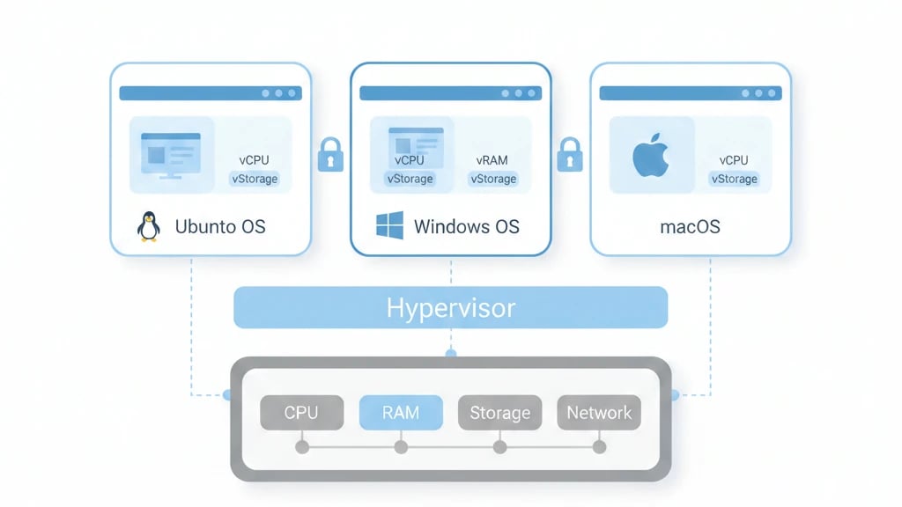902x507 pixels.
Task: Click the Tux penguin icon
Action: point(149,226)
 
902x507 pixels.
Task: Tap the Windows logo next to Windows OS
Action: point(389,225)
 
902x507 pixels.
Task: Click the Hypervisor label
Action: point(450,308)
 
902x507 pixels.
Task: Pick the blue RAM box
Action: point(401,412)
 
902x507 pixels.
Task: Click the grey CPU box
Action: point(301,412)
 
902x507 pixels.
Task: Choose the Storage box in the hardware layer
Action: point(499,412)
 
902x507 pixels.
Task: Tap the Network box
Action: point(599,412)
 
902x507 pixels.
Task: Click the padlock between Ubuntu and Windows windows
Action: point(330,154)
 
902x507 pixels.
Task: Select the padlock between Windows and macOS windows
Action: point(570,154)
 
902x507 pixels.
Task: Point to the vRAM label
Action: point(492,160)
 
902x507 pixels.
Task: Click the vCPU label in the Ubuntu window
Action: point(254,160)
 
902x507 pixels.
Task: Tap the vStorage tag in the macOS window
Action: point(734,179)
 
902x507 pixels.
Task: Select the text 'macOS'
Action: point(690,226)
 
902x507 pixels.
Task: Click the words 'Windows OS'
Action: point(466,226)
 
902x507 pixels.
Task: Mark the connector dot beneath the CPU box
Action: point(301,447)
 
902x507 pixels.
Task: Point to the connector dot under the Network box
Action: point(599,447)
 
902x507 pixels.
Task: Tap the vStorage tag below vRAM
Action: point(492,179)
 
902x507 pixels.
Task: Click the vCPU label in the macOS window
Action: point(733,160)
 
